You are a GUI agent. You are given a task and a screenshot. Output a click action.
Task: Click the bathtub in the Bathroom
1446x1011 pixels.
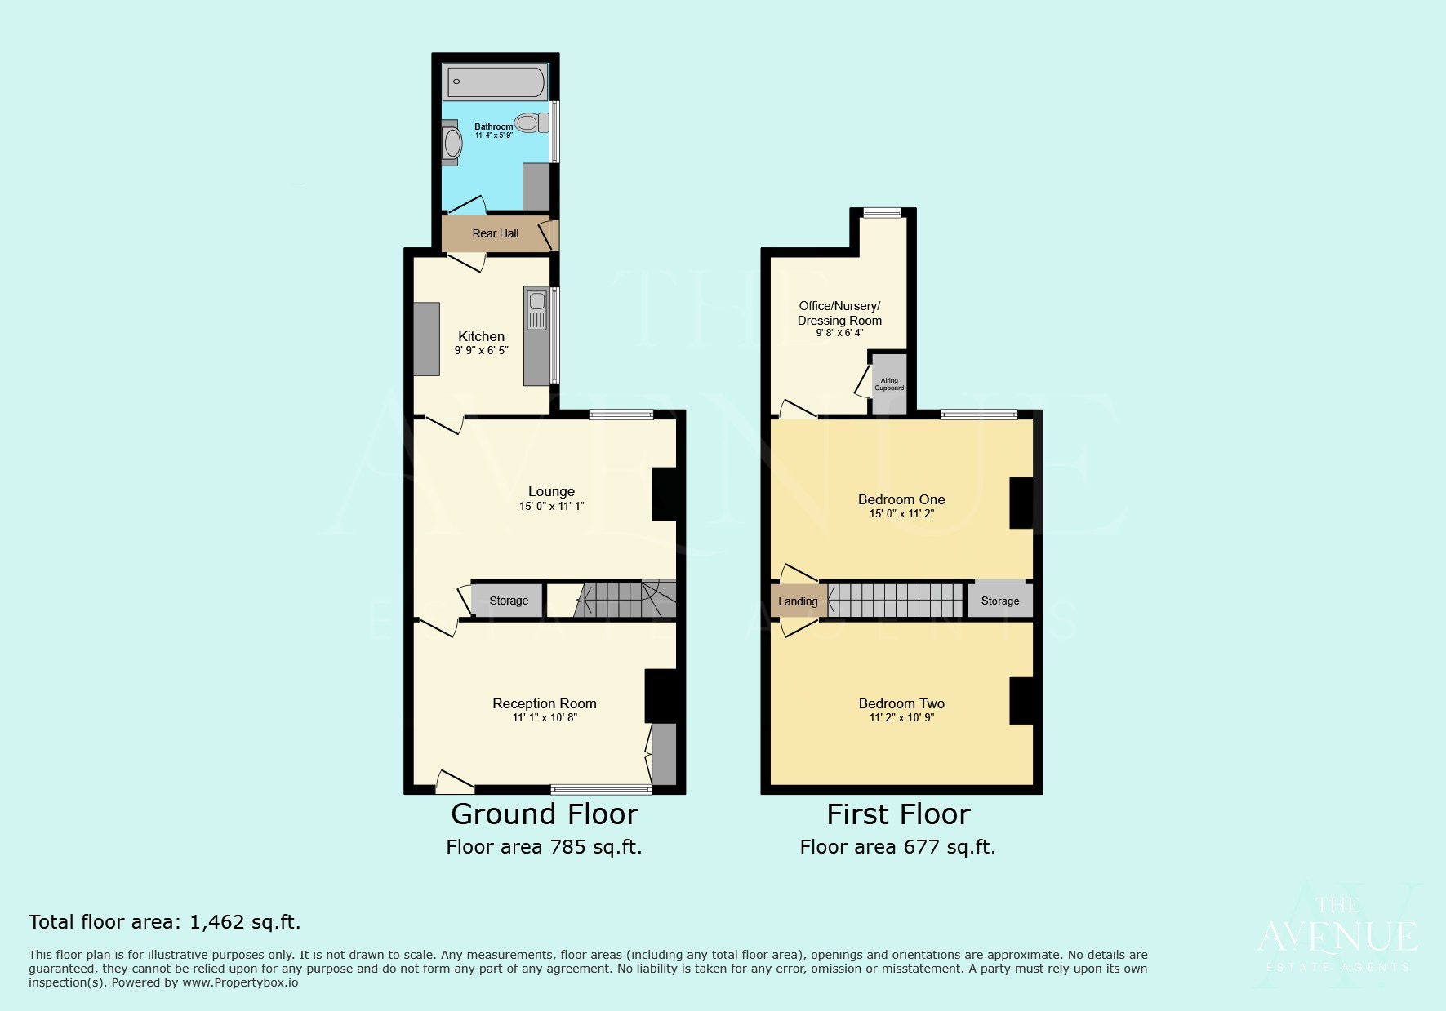495,82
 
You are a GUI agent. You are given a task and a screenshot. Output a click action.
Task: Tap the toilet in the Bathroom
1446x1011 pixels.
532,123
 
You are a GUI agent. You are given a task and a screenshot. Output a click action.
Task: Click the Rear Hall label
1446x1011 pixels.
496,233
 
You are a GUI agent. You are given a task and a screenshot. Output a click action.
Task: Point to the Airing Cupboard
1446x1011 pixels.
889,384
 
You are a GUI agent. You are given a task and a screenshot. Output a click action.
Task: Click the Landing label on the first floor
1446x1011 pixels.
798,601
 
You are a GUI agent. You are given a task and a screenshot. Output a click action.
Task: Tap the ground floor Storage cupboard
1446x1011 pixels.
508,601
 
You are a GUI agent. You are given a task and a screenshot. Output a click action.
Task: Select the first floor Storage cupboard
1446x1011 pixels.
1000,601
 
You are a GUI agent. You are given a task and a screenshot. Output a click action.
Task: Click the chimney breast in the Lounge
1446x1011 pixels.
664,494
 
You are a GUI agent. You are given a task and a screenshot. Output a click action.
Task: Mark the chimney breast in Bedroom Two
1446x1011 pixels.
1021,700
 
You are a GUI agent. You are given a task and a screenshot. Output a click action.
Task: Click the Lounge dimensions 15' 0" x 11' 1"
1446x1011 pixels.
552,507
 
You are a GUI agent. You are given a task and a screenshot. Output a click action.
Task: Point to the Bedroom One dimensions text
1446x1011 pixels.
901,514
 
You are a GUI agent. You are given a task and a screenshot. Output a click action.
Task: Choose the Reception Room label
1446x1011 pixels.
545,703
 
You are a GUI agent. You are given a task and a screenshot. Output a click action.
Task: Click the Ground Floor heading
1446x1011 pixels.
545,814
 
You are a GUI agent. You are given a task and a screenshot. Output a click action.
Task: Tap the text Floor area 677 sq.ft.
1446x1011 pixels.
897,847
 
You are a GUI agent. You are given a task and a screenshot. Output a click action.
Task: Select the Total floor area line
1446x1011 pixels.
165,922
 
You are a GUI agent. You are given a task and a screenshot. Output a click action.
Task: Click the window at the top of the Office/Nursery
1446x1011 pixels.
882,213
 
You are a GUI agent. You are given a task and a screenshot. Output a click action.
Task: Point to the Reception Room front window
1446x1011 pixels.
601,789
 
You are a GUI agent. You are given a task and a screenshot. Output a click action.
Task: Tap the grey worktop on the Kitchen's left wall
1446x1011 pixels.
426,339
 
